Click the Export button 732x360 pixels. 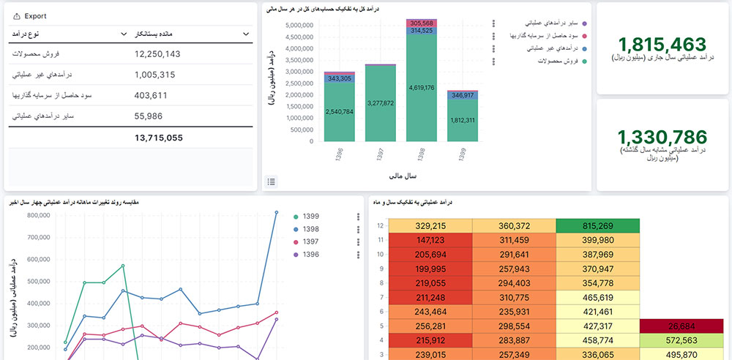[30, 15]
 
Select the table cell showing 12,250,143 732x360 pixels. [157, 54]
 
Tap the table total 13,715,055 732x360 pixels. [159, 138]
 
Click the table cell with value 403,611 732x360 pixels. [152, 95]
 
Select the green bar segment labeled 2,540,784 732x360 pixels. [339, 112]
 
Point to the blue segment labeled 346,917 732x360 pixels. [463, 95]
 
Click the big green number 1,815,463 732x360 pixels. [662, 44]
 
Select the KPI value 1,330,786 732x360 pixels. [662, 137]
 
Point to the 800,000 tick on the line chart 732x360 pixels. [43, 216]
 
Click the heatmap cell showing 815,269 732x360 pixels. [597, 226]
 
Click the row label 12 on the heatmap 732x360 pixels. [380, 226]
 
